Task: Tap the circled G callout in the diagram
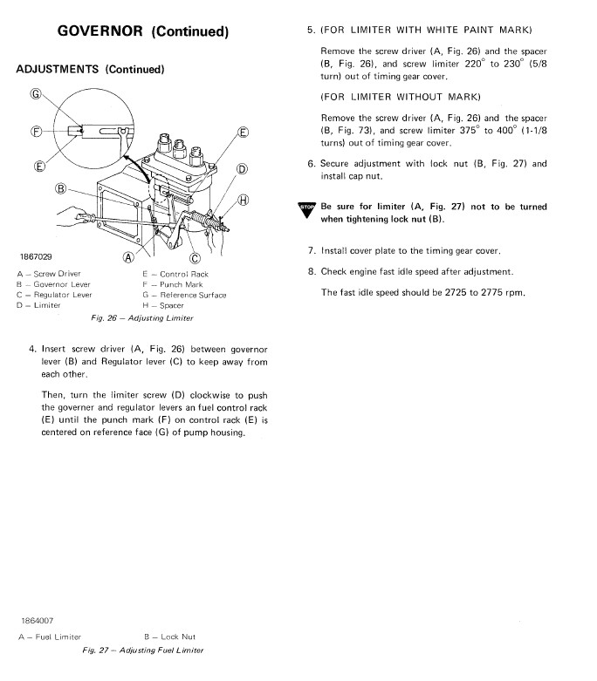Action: (x=36, y=94)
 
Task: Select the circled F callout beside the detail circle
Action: (x=36, y=131)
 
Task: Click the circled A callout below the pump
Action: (x=129, y=257)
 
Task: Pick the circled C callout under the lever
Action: (x=194, y=257)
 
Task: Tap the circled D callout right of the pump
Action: (x=243, y=168)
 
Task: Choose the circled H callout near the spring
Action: (x=244, y=200)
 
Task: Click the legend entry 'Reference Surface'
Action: (x=188, y=295)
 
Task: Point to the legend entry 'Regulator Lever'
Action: (x=58, y=295)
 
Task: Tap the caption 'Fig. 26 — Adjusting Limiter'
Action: (x=148, y=318)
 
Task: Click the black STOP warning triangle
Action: (x=306, y=209)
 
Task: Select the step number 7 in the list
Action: (x=311, y=251)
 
